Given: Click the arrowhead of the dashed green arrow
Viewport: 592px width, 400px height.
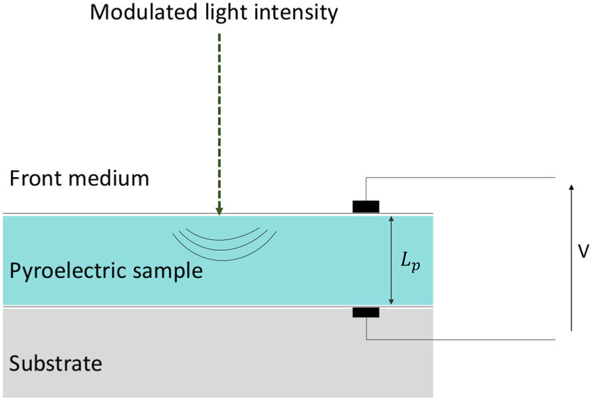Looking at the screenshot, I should click(219, 210).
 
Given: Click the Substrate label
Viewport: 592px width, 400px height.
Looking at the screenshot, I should click(56, 363).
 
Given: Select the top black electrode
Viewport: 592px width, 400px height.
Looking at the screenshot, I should click(366, 206).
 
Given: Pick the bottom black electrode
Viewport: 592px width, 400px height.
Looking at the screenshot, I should click(366, 312).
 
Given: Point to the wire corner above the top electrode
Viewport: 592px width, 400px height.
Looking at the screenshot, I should click(366, 177).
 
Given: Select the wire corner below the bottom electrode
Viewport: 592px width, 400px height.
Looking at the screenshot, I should click(366, 339).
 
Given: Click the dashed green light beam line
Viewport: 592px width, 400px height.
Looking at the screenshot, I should click(219, 118).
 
